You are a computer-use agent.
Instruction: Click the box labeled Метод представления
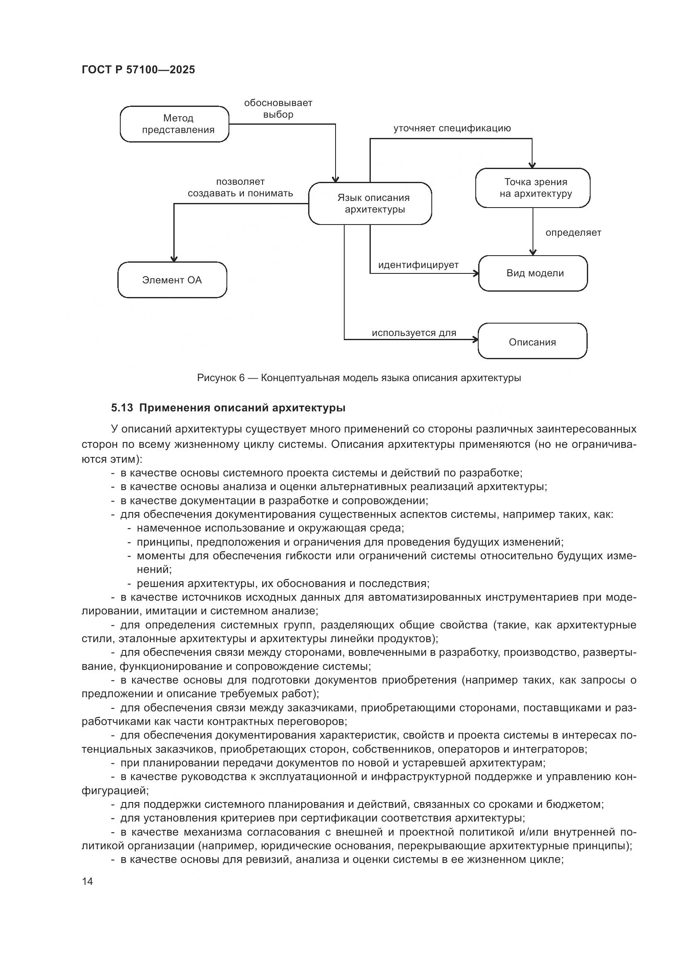coord(175,124)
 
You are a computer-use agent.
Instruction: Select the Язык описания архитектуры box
coord(370,203)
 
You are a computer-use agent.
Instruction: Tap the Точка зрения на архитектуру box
coord(533,188)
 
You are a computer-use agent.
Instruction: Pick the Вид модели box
coord(533,273)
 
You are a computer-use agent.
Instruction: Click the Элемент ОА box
coord(172,280)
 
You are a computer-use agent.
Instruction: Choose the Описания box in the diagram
coord(532,341)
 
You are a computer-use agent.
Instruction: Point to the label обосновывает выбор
coord(278,109)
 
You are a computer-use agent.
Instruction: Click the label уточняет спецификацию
coord(452,128)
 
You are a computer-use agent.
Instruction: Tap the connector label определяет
coord(573,232)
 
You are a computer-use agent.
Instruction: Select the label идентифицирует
coord(418,265)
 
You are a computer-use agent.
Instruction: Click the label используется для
coord(414,333)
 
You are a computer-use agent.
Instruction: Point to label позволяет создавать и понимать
coord(241,187)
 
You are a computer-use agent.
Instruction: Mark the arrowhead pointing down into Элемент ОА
coord(174,259)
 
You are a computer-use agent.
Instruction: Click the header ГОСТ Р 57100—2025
coord(138,70)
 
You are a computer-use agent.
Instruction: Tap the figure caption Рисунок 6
coord(221,378)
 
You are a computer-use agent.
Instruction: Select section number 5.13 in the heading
coord(122,408)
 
